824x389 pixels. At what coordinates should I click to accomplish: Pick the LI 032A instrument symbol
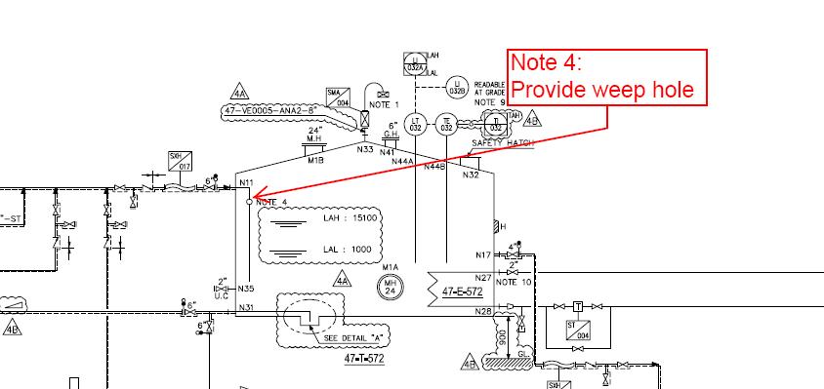pyautogui.click(x=414, y=63)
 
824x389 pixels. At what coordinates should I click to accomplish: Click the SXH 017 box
pyautogui.click(x=180, y=159)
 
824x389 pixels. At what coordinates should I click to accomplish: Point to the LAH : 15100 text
pyautogui.click(x=350, y=218)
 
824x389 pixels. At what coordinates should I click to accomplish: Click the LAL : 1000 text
pyautogui.click(x=348, y=250)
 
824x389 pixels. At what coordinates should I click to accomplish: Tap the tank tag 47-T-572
pyautogui.click(x=364, y=359)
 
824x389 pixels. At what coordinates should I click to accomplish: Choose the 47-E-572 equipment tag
pyautogui.click(x=463, y=291)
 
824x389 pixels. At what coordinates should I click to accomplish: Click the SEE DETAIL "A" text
pyautogui.click(x=351, y=338)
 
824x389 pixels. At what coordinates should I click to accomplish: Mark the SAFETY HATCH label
pyautogui.click(x=503, y=142)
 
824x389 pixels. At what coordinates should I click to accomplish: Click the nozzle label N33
pyautogui.click(x=365, y=149)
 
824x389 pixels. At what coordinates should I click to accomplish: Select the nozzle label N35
pyautogui.click(x=246, y=289)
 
